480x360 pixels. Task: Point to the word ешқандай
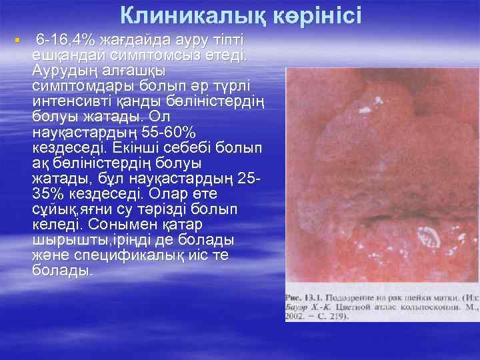(66, 55)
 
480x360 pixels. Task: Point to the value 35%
(48, 193)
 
